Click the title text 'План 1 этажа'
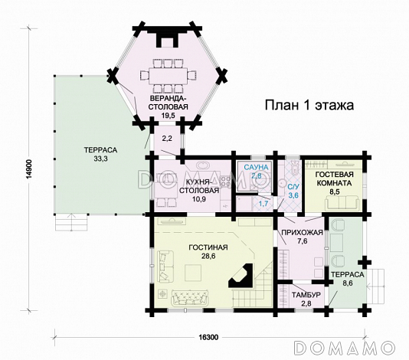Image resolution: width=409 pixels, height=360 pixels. click(x=309, y=105)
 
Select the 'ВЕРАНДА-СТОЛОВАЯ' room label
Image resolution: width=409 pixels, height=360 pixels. click(x=169, y=103)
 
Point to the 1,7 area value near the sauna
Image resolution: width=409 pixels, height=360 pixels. click(x=262, y=202)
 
